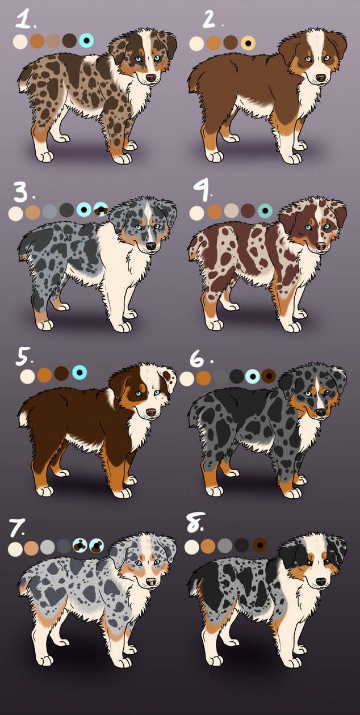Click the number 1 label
coord(25,20)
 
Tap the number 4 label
coord(202,190)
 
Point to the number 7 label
coord(17,528)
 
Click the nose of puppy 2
coord(320,78)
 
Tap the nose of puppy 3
coord(151,246)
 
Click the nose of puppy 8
coord(320,582)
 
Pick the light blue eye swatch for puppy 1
coord(86,40)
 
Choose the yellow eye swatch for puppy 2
coord(249,43)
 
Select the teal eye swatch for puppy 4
coord(265,211)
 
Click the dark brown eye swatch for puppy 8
coord(259,545)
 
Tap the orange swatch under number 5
coord(44,375)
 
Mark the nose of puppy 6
coord(320,412)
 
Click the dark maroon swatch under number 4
coord(248,211)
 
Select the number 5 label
coord(24,356)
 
